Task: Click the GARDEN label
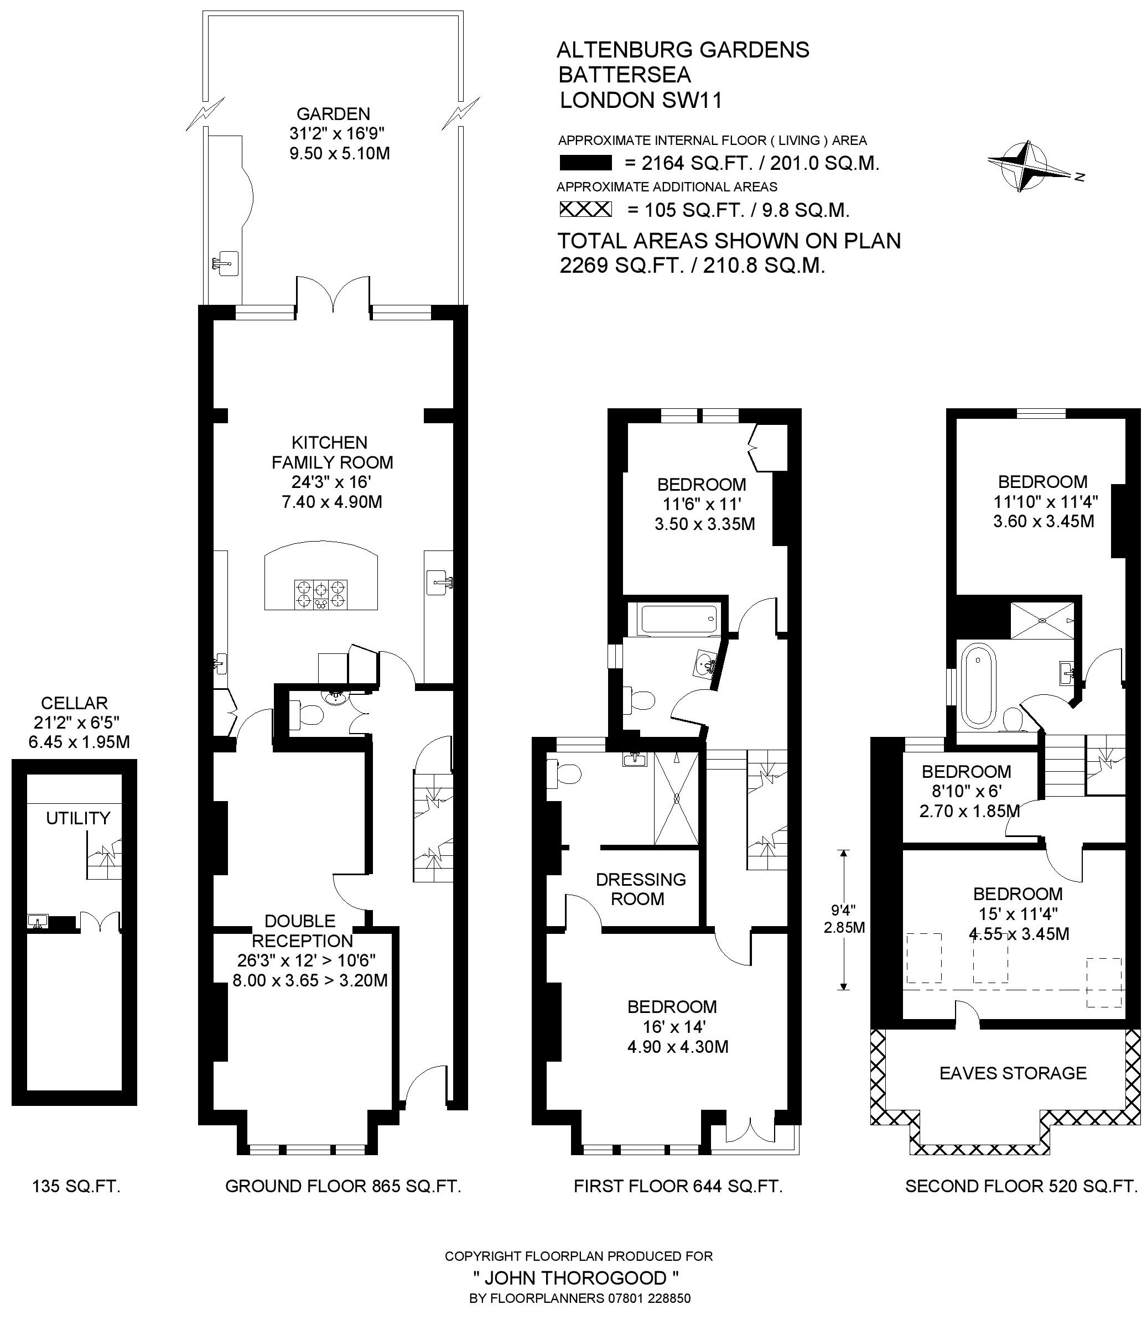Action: pyautogui.click(x=333, y=114)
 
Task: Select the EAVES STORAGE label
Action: pyautogui.click(x=1013, y=1073)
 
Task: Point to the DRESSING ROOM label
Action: pyautogui.click(x=641, y=888)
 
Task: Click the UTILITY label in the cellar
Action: pyautogui.click(x=78, y=818)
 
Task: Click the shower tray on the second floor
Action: pyautogui.click(x=1042, y=620)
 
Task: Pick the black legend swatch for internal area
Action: pyautogui.click(x=585, y=163)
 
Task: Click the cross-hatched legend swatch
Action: pyautogui.click(x=585, y=209)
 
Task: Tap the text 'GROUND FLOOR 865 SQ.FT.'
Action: pyautogui.click(x=343, y=1186)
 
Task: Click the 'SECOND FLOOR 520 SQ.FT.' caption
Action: pyautogui.click(x=1021, y=1186)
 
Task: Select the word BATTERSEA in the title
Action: pyautogui.click(x=624, y=75)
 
